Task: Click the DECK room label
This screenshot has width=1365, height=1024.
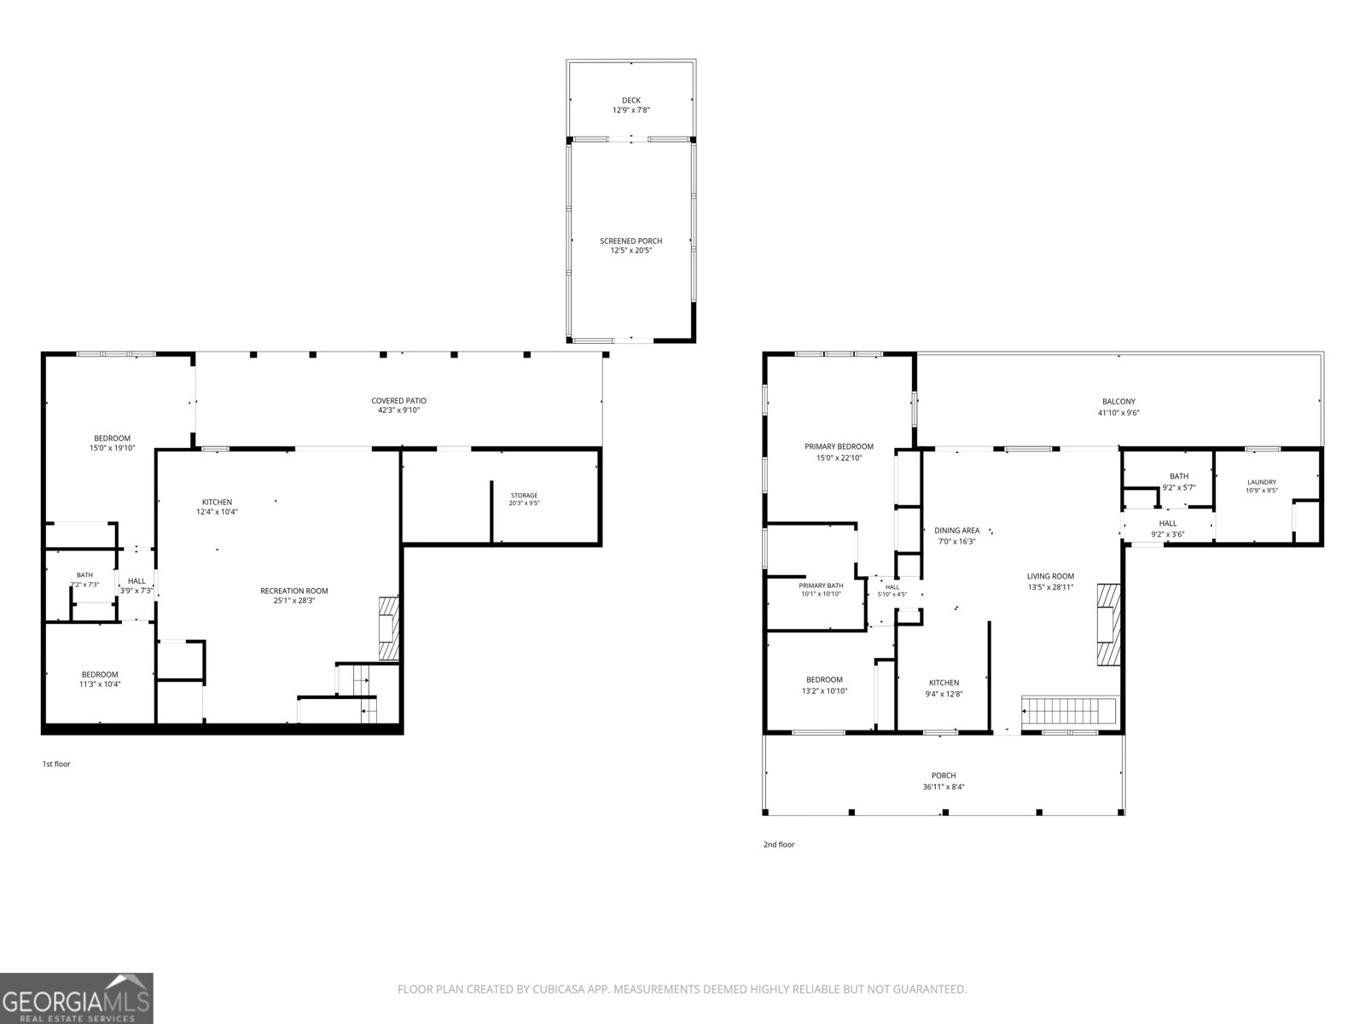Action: pos(630,100)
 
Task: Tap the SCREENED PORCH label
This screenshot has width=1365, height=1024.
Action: pos(630,241)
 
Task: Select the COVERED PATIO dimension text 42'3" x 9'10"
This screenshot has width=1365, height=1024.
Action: pos(398,410)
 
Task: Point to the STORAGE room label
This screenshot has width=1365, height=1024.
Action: pos(524,496)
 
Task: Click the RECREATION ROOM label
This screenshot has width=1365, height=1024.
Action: pos(294,591)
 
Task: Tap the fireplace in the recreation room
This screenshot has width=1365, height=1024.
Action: pos(389,628)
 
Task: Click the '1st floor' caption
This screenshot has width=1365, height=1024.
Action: pos(56,764)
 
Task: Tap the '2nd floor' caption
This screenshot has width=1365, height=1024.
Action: pos(779,844)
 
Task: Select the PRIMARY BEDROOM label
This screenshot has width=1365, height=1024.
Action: pos(839,446)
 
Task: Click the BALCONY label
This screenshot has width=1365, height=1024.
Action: pos(1118,402)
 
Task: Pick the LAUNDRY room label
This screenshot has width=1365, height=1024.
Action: pos(1262,482)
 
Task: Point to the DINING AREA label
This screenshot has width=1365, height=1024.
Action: pos(956,530)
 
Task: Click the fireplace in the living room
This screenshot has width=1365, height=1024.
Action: pos(1108,625)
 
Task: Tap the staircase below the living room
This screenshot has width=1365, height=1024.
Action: pos(1069,711)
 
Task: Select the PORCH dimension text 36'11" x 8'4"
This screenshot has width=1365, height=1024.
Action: pos(944,787)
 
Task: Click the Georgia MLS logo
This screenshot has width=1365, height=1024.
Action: pos(77,998)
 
